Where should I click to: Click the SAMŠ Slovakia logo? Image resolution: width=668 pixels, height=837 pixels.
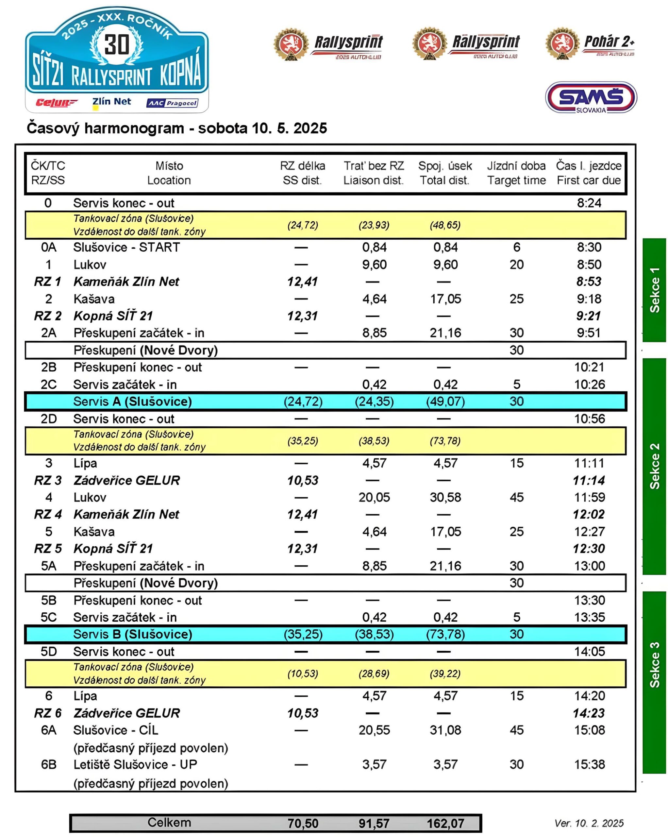(591, 97)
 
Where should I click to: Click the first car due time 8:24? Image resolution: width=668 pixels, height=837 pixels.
(589, 203)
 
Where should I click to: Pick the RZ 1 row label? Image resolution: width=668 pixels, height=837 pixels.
(48, 282)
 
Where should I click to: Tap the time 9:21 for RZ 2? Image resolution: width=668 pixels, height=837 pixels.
(589, 316)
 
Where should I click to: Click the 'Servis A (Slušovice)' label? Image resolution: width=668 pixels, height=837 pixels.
(132, 401)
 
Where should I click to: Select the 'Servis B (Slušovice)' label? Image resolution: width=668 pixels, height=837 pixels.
(132, 634)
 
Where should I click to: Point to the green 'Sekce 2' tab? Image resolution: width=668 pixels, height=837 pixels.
(654, 466)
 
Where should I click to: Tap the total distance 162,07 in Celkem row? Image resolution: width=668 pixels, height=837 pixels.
(445, 823)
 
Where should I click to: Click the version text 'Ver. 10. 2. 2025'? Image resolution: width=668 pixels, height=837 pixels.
(589, 823)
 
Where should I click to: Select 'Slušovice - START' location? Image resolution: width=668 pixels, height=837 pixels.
(126, 247)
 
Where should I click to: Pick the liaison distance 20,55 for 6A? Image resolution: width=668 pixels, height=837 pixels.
(374, 730)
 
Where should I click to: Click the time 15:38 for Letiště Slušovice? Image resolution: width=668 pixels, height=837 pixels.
(589, 764)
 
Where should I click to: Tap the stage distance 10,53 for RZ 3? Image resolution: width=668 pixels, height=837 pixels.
(303, 480)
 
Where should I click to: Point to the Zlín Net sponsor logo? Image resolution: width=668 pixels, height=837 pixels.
(111, 102)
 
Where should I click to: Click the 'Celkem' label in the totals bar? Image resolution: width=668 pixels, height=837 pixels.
(169, 822)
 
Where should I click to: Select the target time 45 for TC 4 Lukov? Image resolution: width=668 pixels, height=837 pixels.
(517, 497)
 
